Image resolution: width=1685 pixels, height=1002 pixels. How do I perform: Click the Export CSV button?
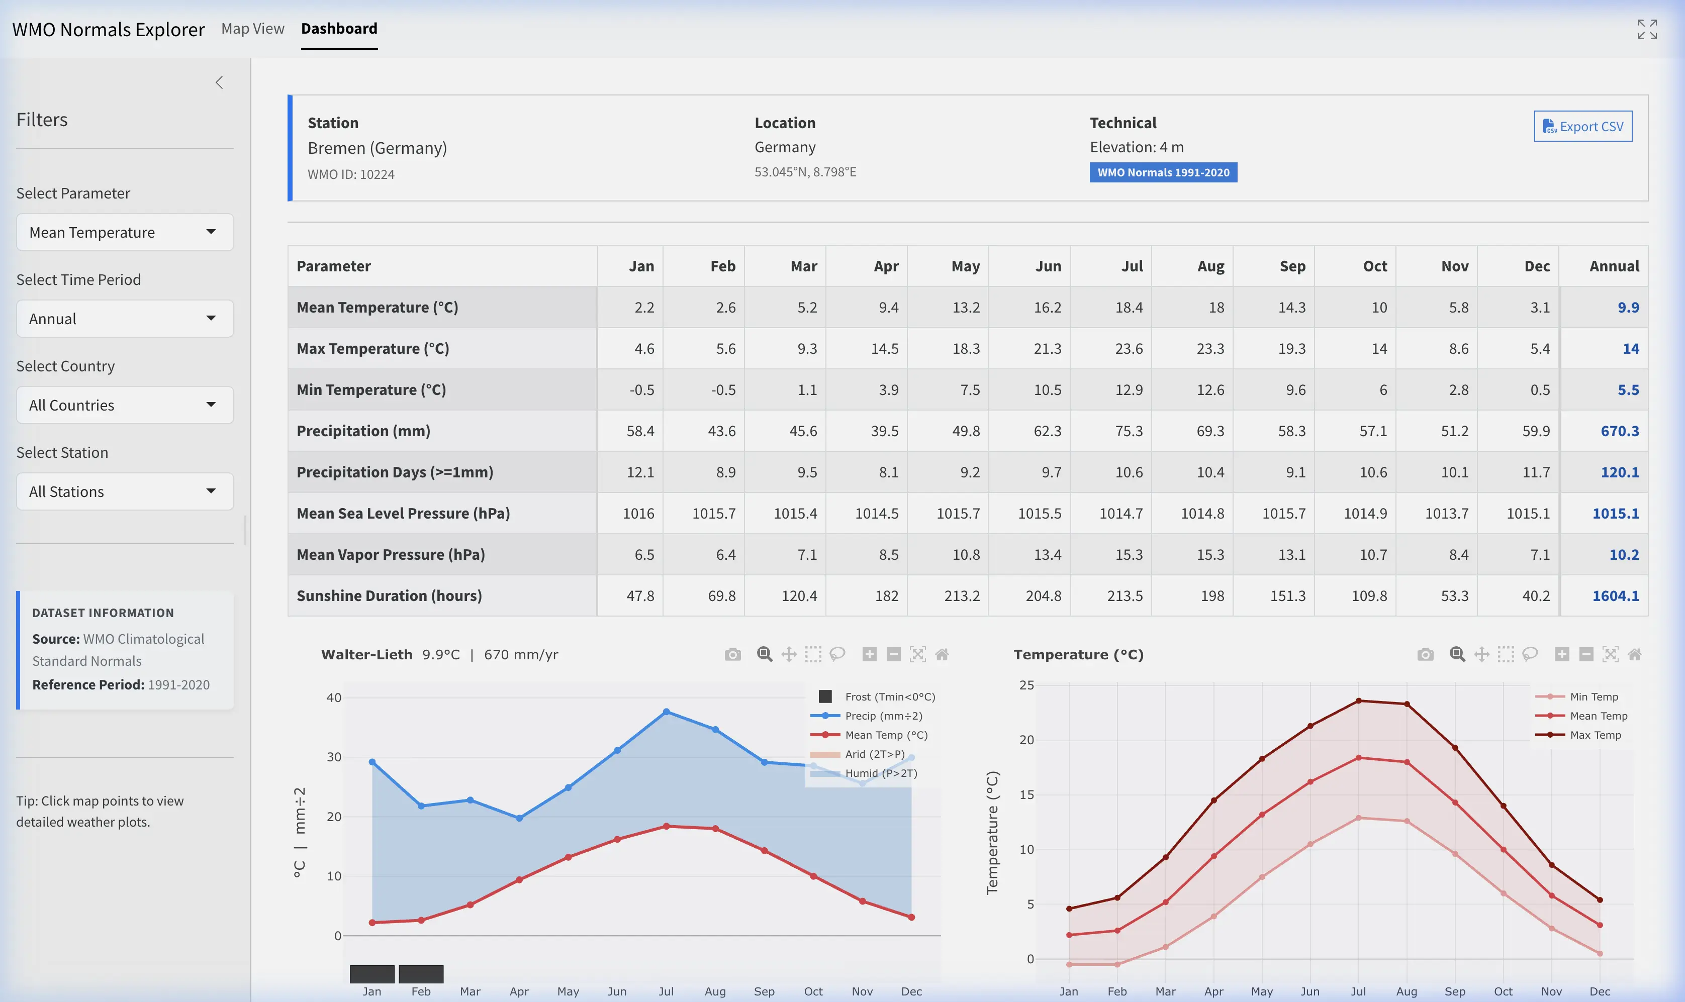click(1582, 126)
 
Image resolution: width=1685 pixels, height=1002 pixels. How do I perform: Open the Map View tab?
click(252, 28)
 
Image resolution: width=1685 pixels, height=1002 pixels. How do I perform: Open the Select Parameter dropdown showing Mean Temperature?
click(125, 232)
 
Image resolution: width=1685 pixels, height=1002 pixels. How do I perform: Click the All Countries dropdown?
click(125, 405)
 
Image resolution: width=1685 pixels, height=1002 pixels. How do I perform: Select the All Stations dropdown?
click(125, 491)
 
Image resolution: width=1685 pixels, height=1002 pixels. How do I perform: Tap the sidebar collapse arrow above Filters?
click(219, 82)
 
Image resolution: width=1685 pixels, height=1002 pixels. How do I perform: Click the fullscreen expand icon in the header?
click(1646, 29)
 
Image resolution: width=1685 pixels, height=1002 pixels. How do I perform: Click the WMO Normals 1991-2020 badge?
click(1163, 172)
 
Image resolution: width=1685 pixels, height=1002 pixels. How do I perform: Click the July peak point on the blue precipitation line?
click(666, 712)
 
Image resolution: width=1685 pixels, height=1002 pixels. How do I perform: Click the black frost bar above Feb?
click(421, 974)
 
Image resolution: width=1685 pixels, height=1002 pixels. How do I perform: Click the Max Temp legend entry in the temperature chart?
click(1595, 735)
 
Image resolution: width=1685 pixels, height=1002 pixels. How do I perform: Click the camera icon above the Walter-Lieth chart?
click(732, 654)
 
